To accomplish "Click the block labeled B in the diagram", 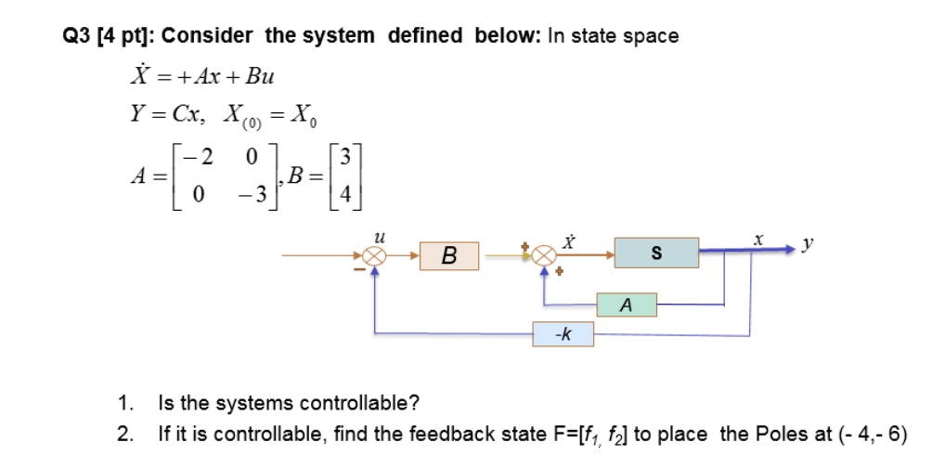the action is [x=449, y=255].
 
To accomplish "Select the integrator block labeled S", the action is [x=656, y=253].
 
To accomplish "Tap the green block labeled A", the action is [x=627, y=305].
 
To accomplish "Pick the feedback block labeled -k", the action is [x=563, y=334].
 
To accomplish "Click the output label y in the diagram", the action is [x=809, y=244].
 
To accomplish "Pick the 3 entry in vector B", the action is [x=344, y=158].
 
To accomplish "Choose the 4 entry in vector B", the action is [x=344, y=195].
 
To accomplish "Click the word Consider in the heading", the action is [x=207, y=36].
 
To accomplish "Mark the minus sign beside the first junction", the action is [x=359, y=269].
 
